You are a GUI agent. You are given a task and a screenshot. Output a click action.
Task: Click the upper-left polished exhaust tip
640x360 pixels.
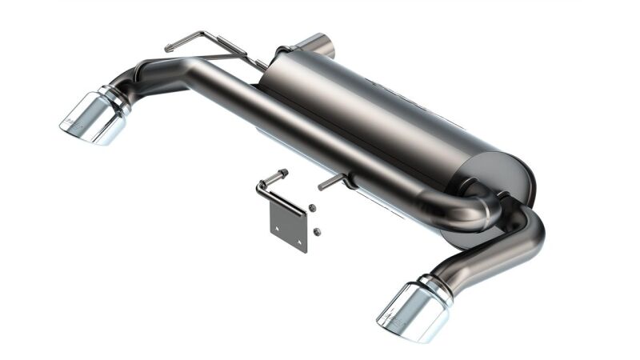click(x=94, y=118)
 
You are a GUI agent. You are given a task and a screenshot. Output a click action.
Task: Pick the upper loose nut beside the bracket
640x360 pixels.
click(x=312, y=208)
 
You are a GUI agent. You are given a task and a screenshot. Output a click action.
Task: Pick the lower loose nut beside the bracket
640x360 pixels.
click(x=317, y=232)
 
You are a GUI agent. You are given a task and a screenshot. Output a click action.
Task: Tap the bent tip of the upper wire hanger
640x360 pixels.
click(x=170, y=48)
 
